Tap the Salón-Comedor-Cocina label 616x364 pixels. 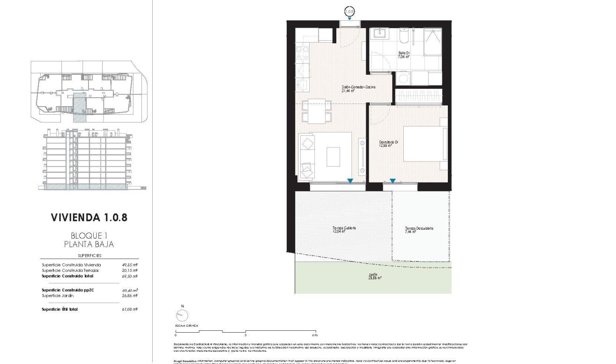pyautogui.click(x=358, y=89)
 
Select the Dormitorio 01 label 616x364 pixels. pyautogui.click(x=389, y=143)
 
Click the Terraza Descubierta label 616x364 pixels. pyautogui.click(x=419, y=229)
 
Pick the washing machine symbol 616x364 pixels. pyautogui.click(x=402, y=78)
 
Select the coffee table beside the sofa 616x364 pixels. pyautogui.click(x=333, y=156)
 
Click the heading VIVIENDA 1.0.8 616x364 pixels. pyautogui.click(x=89, y=218)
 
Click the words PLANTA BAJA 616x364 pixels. pyautogui.click(x=89, y=244)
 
